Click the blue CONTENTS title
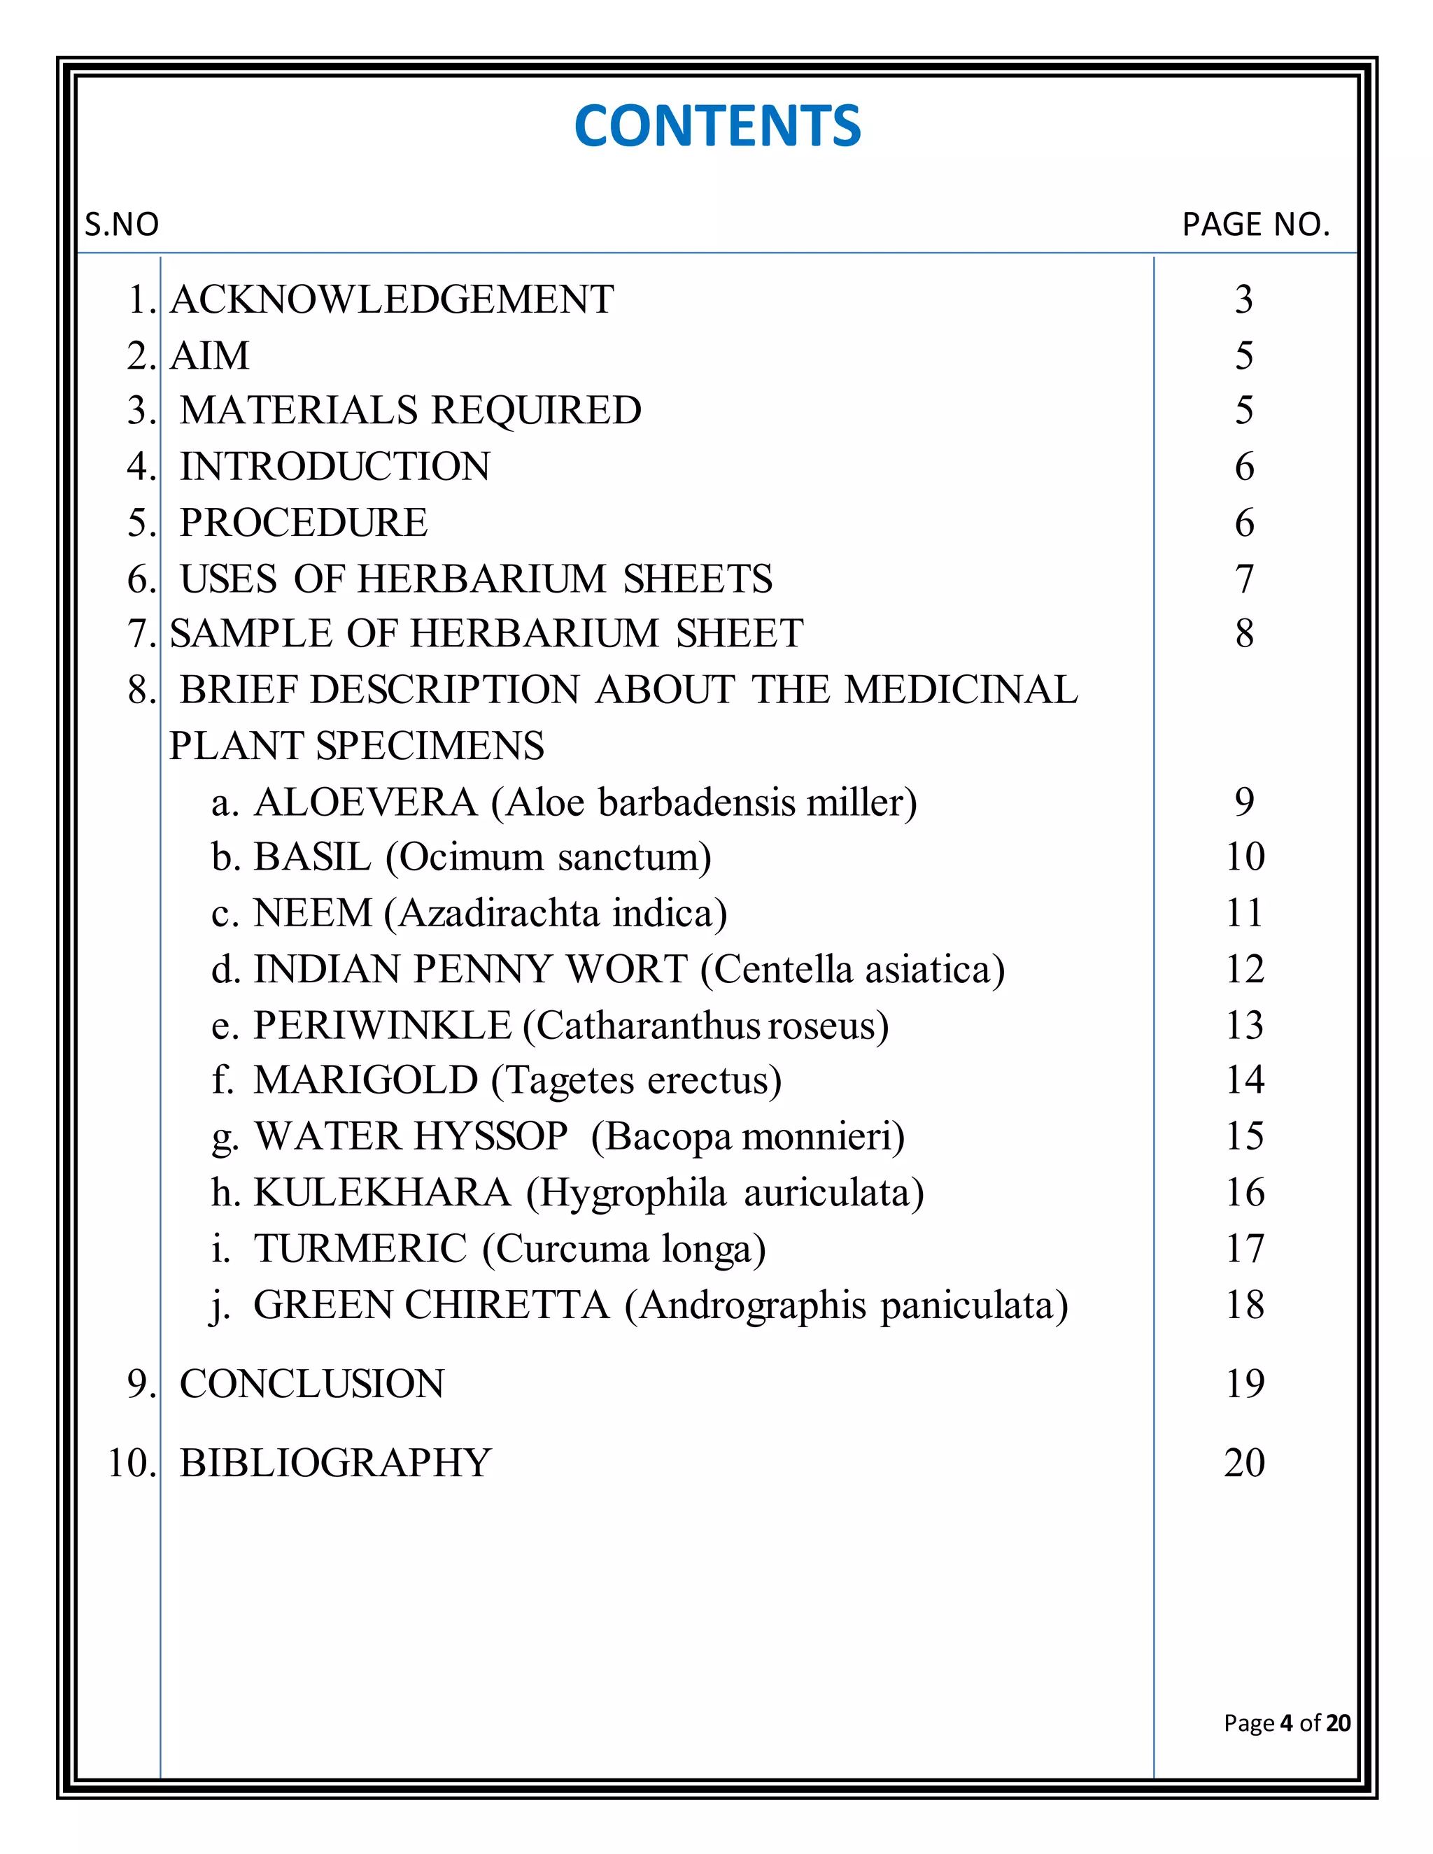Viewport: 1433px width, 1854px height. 717,126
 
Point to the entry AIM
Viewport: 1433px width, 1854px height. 210,355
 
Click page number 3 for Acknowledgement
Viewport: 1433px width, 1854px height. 1243,299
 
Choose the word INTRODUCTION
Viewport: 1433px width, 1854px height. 334,467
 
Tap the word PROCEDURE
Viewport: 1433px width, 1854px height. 303,523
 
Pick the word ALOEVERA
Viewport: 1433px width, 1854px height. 365,802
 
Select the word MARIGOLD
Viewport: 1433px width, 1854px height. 365,1081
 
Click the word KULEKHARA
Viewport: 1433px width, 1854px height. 382,1193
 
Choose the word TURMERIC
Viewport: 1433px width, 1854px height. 360,1249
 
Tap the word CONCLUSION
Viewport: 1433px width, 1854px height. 311,1384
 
